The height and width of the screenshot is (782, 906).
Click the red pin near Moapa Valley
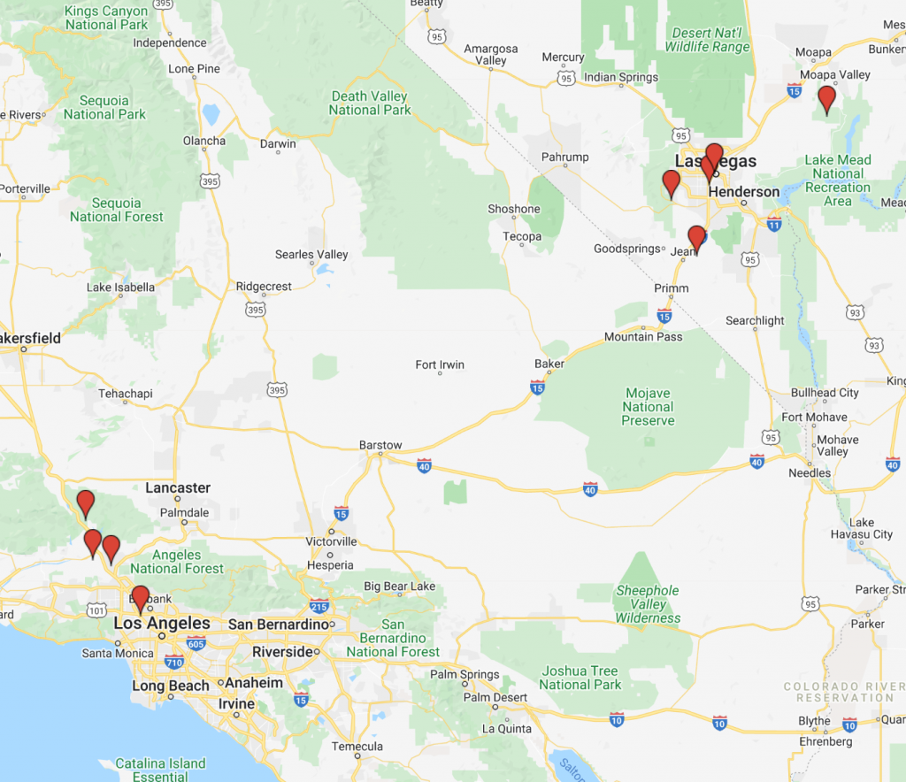point(826,99)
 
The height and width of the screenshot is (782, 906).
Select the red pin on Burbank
point(140,599)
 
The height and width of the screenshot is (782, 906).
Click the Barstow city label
point(380,445)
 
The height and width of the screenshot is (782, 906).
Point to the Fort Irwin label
point(440,364)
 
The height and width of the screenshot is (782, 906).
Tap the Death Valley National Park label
point(370,103)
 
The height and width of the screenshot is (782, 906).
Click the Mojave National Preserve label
point(648,407)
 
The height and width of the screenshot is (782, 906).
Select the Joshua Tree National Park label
point(580,678)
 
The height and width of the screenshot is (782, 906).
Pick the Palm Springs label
point(465,675)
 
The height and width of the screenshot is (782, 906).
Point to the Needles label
point(810,472)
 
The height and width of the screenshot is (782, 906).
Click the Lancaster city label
point(178,487)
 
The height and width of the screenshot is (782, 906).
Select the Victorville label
point(331,541)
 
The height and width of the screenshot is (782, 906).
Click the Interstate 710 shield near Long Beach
point(173,662)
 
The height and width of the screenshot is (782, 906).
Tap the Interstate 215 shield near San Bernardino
point(319,606)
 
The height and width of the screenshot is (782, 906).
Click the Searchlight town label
point(755,320)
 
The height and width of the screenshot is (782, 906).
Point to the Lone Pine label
point(194,69)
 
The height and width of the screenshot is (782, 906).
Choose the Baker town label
point(549,364)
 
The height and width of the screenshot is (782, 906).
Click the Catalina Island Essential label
point(160,770)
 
